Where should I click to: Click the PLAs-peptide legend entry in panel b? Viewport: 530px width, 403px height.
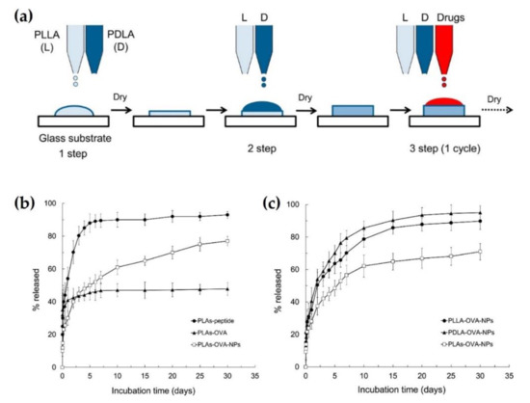click(x=210, y=330)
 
